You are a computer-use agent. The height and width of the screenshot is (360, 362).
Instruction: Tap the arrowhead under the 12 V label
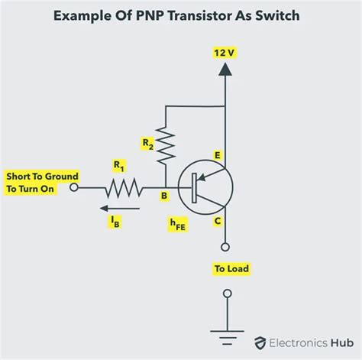pyautogui.click(x=225, y=69)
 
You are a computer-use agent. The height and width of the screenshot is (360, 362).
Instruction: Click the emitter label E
pyautogui.click(x=218, y=157)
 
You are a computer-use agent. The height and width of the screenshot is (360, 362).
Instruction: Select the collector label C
pyautogui.click(x=218, y=222)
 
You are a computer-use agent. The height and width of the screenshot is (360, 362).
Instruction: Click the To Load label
pyautogui.click(x=231, y=269)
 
